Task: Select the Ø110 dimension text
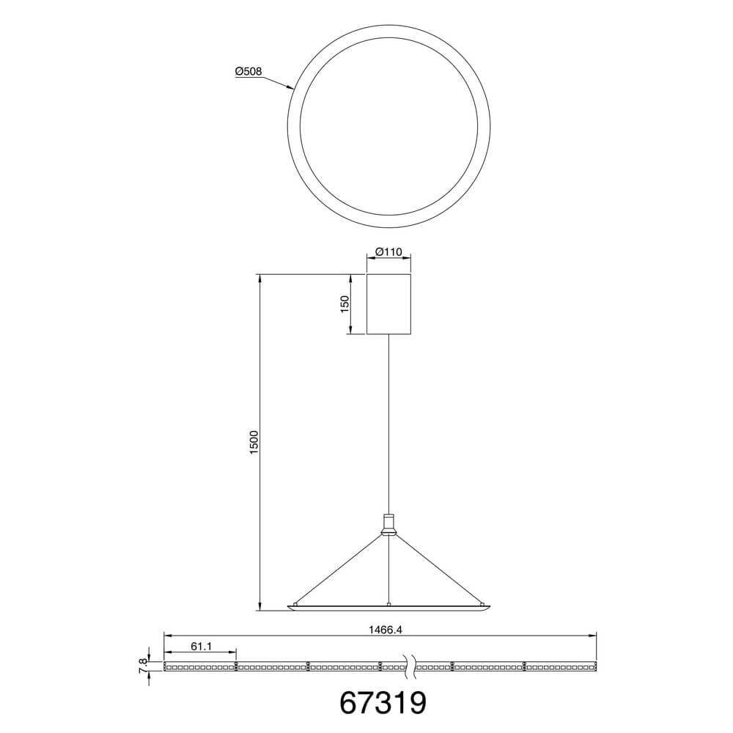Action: point(388,251)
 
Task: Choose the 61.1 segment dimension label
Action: point(201,646)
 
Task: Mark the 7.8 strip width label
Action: point(143,666)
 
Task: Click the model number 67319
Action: point(383,701)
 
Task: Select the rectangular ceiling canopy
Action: point(388,304)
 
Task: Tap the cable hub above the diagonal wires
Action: point(388,523)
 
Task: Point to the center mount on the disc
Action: point(388,603)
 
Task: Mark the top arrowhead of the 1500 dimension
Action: point(259,278)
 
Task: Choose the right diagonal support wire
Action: point(438,570)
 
